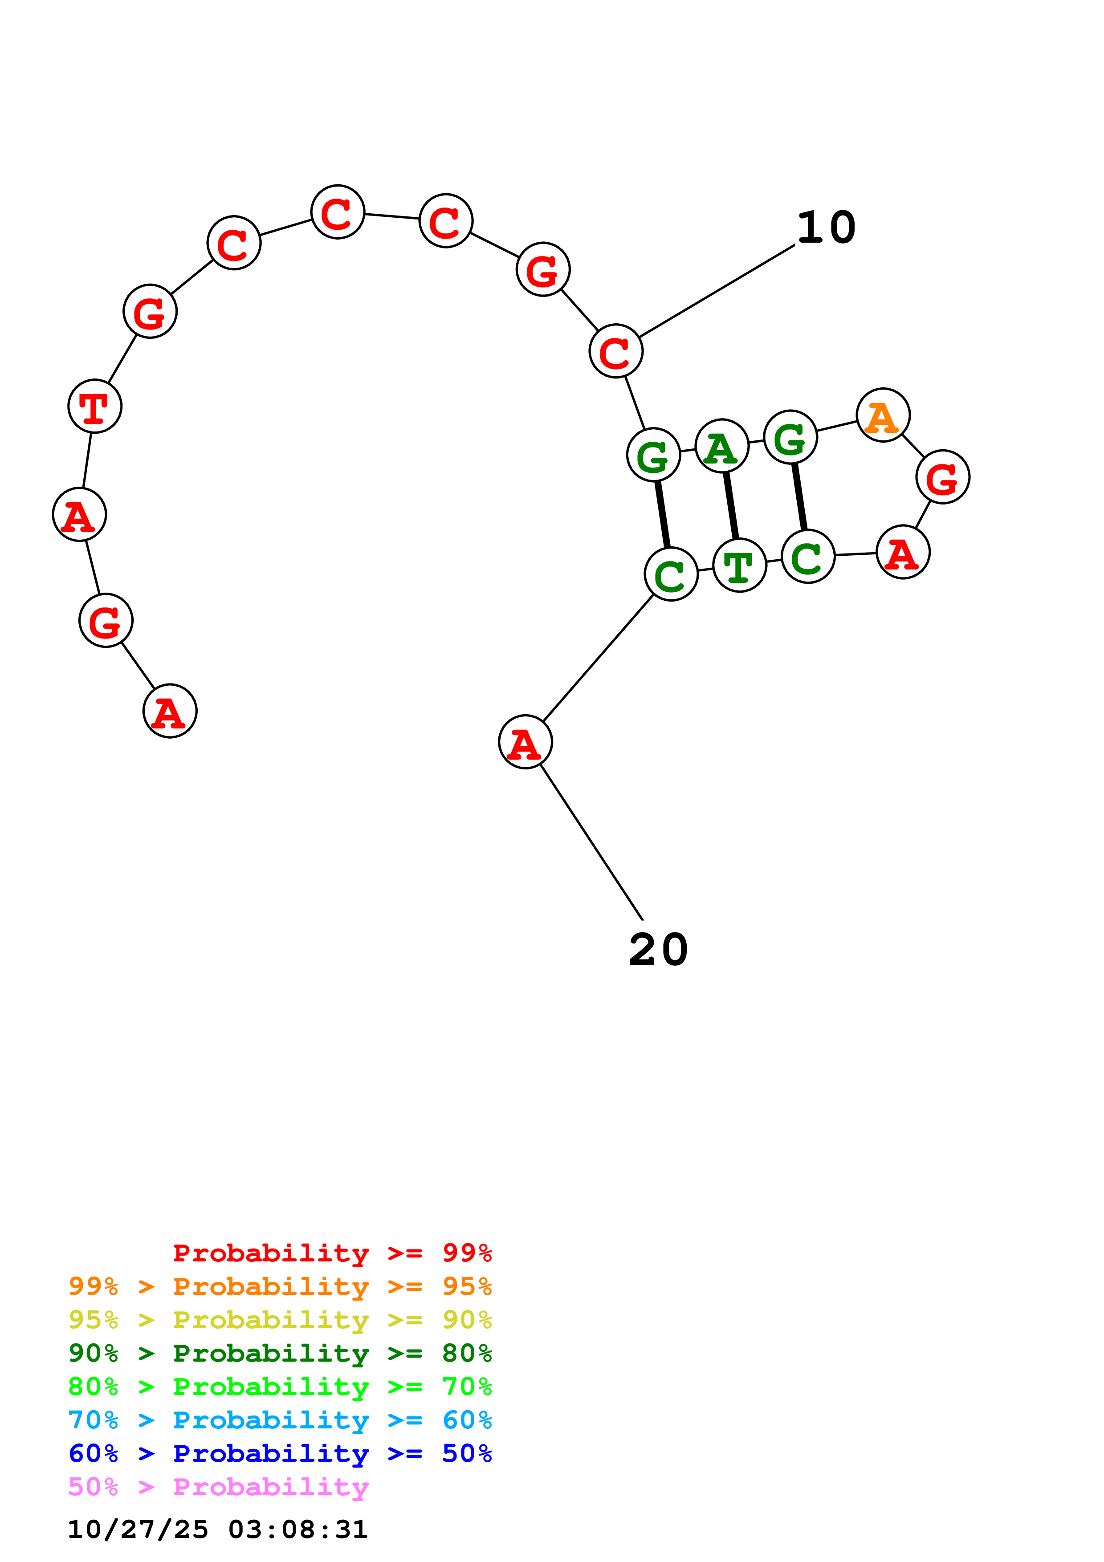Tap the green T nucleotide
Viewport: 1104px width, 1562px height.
[x=739, y=565]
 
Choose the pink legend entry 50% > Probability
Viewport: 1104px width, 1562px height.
[x=218, y=1487]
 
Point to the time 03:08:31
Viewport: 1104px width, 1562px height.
[x=297, y=1529]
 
